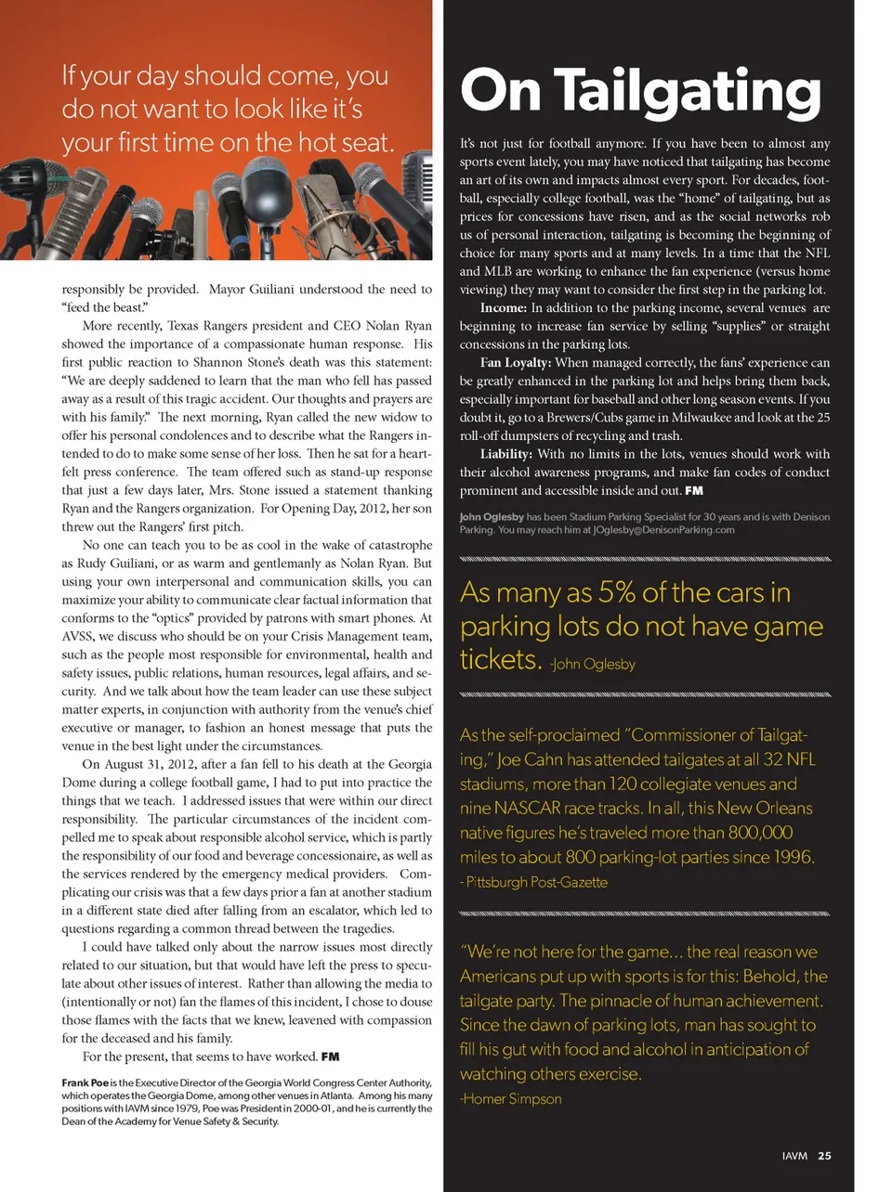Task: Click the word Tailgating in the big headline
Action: (688, 92)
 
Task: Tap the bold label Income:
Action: (505, 308)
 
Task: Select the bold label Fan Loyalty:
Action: (516, 363)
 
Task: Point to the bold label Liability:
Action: (506, 454)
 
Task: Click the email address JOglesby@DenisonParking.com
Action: (663, 530)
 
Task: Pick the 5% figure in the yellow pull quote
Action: (617, 592)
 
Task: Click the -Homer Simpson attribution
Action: (511, 1099)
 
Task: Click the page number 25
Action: (824, 1156)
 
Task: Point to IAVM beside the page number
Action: (794, 1156)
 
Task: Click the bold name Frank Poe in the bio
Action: (85, 1082)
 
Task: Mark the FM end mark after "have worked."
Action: (330, 1056)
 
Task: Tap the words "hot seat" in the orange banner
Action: (350, 142)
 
